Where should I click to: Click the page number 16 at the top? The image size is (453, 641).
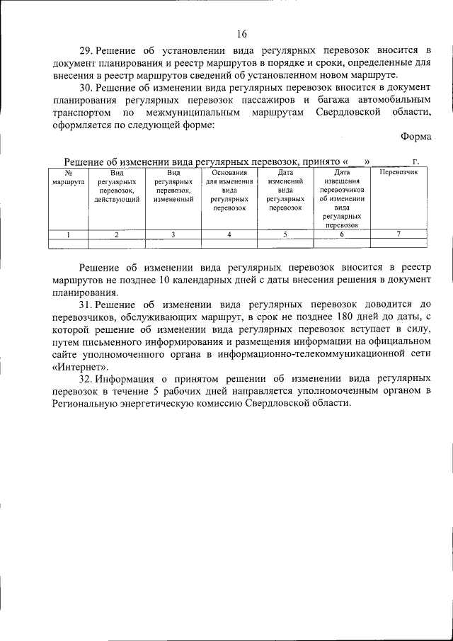241,33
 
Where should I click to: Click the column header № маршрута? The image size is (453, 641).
68,177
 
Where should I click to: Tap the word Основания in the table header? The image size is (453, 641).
229,172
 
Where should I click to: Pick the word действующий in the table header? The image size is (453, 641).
117,200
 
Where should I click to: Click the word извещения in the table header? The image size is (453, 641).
341,181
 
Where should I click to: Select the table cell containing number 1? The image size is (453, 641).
68,234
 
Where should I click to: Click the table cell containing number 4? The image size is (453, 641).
229,234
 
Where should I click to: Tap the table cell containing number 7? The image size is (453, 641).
398,234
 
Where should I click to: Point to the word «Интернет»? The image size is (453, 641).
80,366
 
